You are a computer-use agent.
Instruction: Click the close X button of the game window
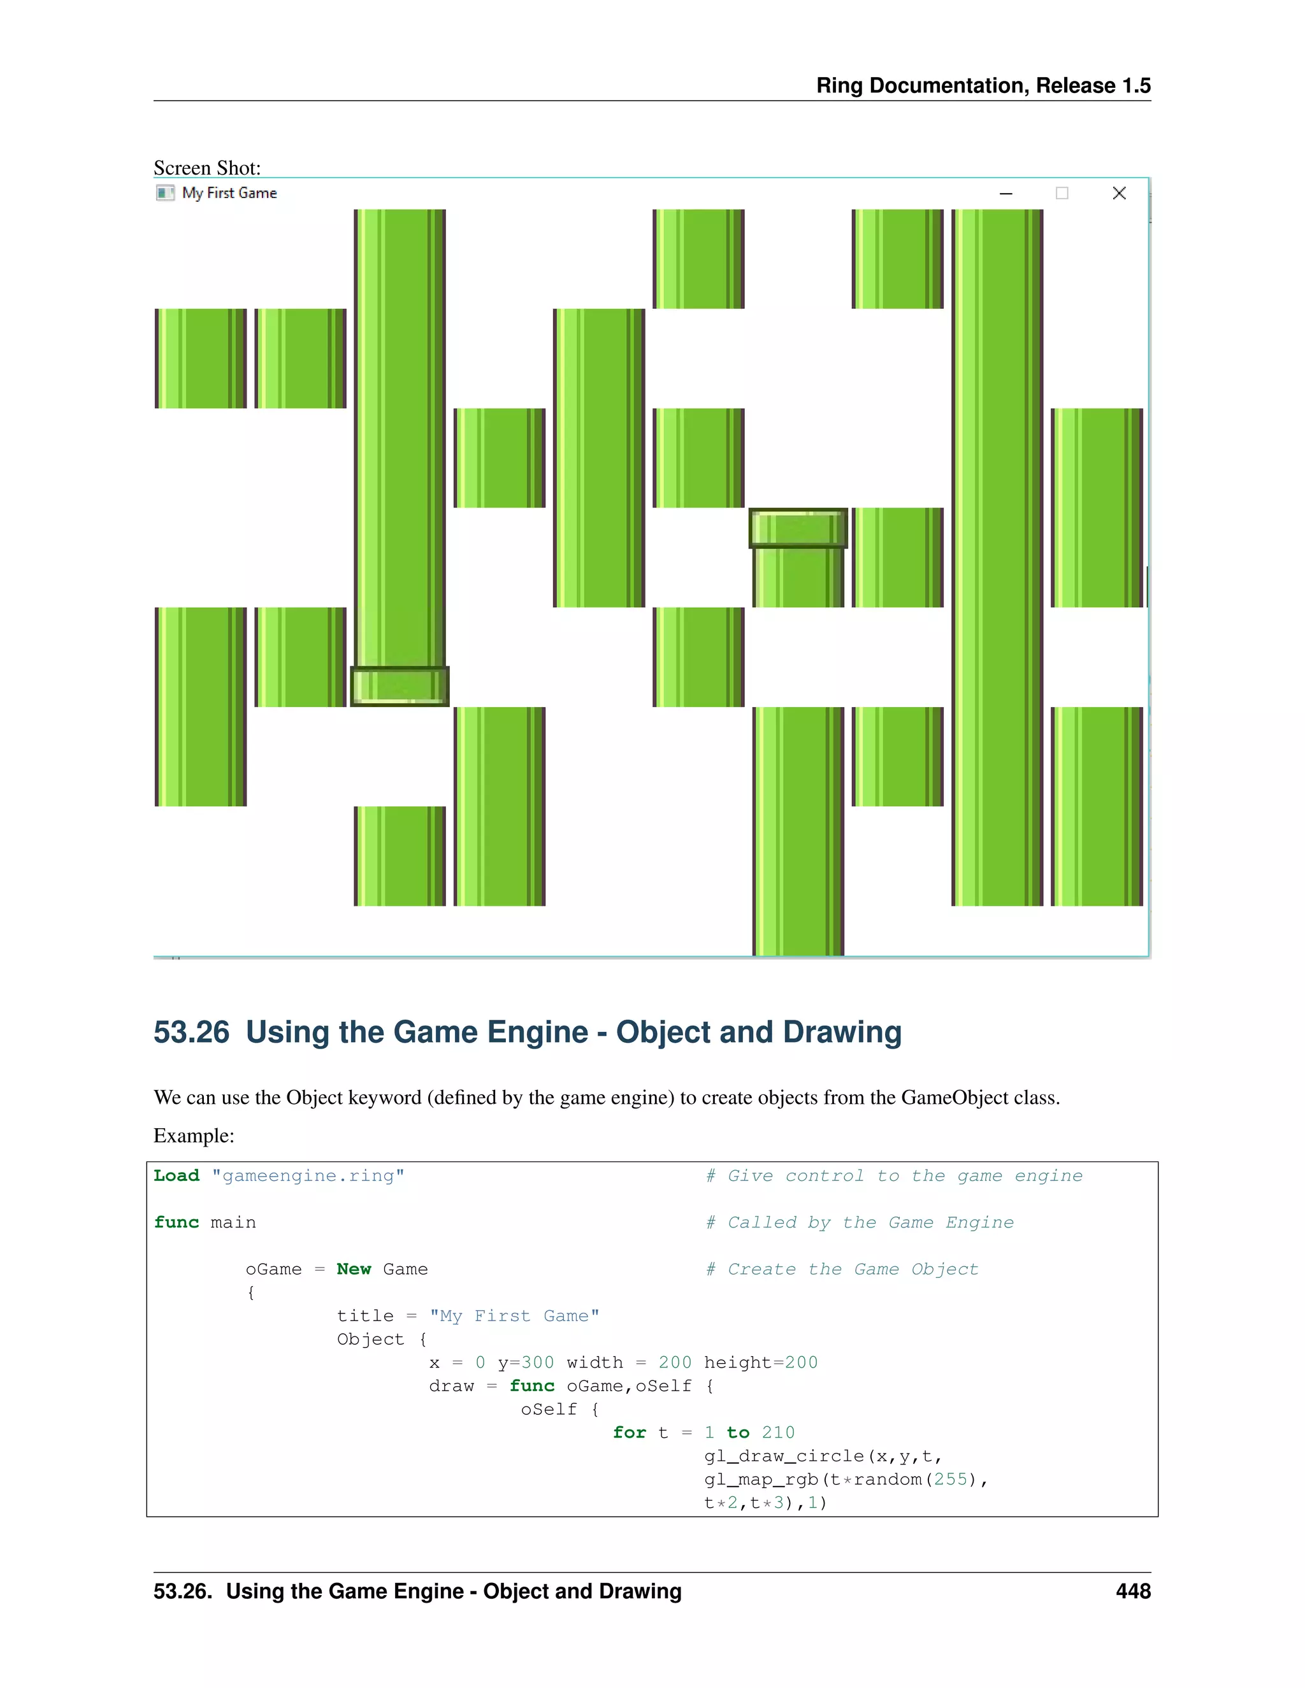(1119, 193)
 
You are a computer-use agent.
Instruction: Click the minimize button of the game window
(1006, 193)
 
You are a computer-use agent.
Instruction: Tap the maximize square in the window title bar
(1062, 193)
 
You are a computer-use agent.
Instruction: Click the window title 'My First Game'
(229, 193)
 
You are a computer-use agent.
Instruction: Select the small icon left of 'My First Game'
(164, 193)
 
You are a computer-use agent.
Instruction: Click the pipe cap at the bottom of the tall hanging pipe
(400, 685)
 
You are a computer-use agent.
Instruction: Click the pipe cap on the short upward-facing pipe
(798, 529)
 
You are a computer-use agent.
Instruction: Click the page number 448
(1132, 1591)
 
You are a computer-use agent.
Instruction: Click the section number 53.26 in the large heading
(192, 1033)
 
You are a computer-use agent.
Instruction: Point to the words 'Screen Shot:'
(207, 168)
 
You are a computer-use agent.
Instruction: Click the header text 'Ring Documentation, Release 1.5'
(983, 86)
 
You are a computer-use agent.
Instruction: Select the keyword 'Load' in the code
(177, 1176)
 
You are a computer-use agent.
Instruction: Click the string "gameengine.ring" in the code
(308, 1176)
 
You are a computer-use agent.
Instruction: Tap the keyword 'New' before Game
(353, 1269)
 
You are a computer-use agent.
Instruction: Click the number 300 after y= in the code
(537, 1363)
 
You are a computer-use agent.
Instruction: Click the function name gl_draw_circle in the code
(784, 1456)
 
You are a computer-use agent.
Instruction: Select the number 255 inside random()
(950, 1479)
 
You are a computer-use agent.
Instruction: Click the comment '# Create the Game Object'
(842, 1269)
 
